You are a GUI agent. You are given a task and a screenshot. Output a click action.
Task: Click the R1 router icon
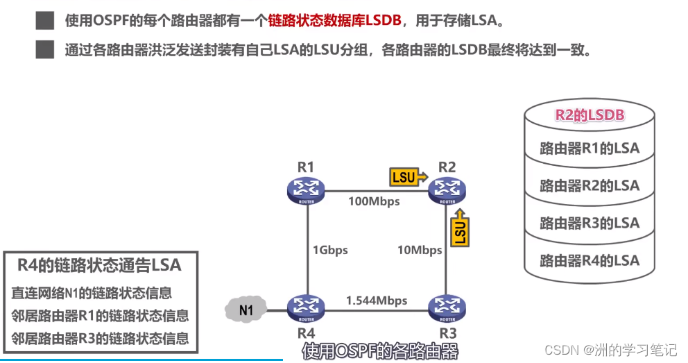coord(306,190)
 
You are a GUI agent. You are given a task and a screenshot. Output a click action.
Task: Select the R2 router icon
coord(447,190)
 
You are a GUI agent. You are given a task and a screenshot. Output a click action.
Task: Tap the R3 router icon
coord(447,308)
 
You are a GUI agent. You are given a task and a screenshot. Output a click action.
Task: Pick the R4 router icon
coord(306,308)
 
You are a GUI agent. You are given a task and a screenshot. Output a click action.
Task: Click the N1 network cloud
coord(246,310)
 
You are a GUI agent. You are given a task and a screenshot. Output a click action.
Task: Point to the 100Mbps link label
coord(374,201)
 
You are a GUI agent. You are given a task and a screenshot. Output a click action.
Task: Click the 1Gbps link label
coord(330,250)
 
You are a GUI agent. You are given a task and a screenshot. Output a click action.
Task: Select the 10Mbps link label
coord(420,250)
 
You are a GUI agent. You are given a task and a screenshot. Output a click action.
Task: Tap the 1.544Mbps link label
coord(377,301)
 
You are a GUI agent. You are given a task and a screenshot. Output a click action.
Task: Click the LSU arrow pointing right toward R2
coord(408,177)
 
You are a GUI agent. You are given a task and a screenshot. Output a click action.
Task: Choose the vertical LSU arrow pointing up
coord(460,228)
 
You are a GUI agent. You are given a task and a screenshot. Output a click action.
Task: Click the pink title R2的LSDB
coord(590,115)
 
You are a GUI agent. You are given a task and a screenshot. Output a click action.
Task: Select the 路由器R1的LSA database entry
coord(590,149)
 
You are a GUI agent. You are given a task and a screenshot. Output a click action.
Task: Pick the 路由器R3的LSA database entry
coord(590,223)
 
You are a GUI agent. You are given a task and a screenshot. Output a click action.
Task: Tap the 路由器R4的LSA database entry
coord(590,261)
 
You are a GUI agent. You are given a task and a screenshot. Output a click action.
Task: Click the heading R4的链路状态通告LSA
coord(99,265)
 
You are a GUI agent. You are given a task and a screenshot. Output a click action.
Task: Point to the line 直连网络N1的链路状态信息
coord(92,293)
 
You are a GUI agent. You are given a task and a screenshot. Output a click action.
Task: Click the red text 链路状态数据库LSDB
coord(334,20)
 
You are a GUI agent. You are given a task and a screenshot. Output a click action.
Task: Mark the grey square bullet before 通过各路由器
coord(45,49)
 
